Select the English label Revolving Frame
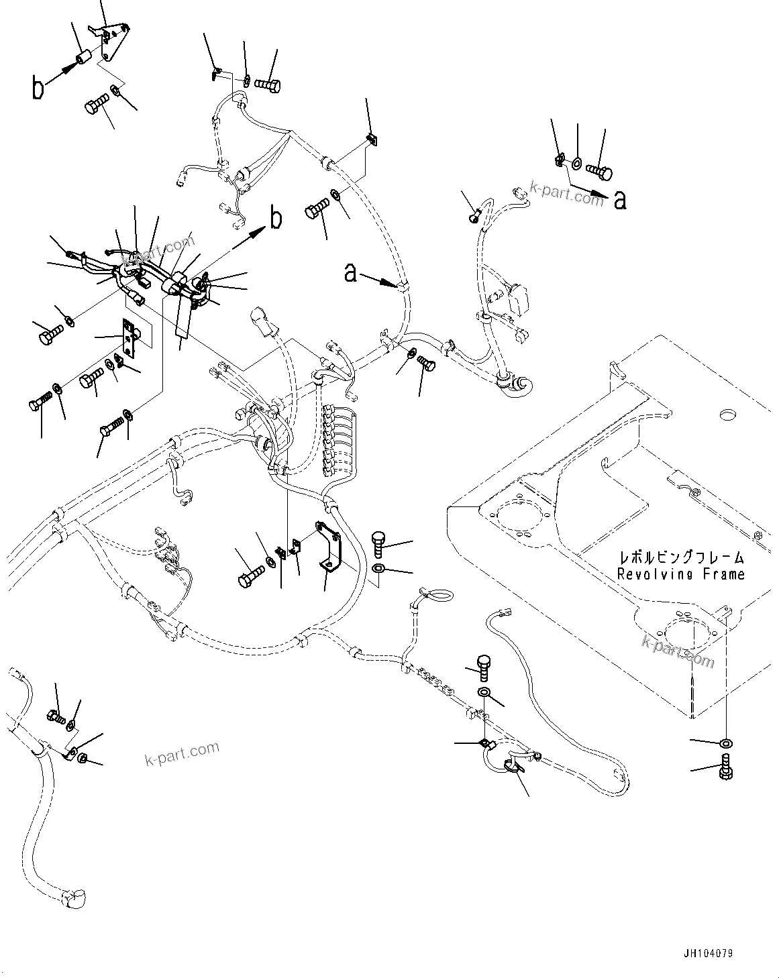pos(680,574)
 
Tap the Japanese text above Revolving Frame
pos(681,557)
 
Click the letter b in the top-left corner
pos(39,88)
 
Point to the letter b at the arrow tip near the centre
pos(275,219)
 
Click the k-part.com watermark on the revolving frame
pos(678,651)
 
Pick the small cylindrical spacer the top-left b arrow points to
pos(84,59)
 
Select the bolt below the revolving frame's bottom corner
pos(725,767)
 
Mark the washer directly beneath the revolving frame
pos(726,743)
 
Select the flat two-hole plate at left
pos(129,341)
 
